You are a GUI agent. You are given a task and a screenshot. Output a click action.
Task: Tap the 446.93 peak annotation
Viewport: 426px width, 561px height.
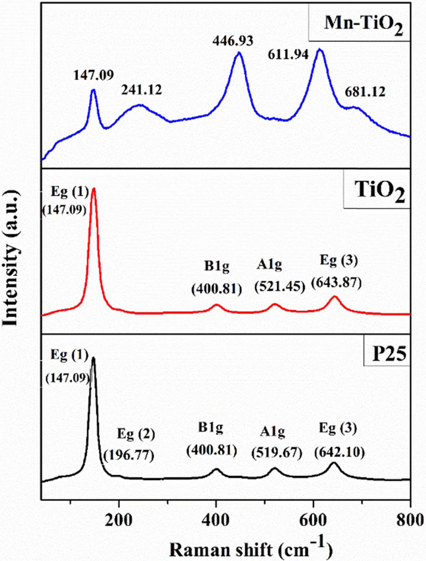[x=232, y=40]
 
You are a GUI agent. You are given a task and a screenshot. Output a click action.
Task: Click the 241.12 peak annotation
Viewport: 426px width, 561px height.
[x=141, y=90]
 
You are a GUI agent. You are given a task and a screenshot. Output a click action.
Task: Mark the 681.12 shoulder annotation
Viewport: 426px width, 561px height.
[x=365, y=92]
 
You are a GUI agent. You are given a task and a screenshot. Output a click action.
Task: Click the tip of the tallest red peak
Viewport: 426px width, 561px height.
[x=94, y=189]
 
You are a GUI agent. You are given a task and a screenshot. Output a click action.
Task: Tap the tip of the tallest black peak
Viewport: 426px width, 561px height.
[x=93, y=358]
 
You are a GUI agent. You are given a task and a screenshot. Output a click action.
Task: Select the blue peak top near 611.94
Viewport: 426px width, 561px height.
[x=319, y=49]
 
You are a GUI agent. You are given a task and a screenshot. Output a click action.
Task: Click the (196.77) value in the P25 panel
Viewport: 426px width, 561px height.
[x=129, y=455]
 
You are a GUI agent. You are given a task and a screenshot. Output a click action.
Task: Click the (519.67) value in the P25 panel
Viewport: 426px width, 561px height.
[x=276, y=452]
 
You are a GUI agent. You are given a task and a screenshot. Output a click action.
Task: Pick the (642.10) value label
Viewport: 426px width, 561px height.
[x=339, y=452]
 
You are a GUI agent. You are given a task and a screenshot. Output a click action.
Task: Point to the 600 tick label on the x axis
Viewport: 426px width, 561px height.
[x=313, y=519]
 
